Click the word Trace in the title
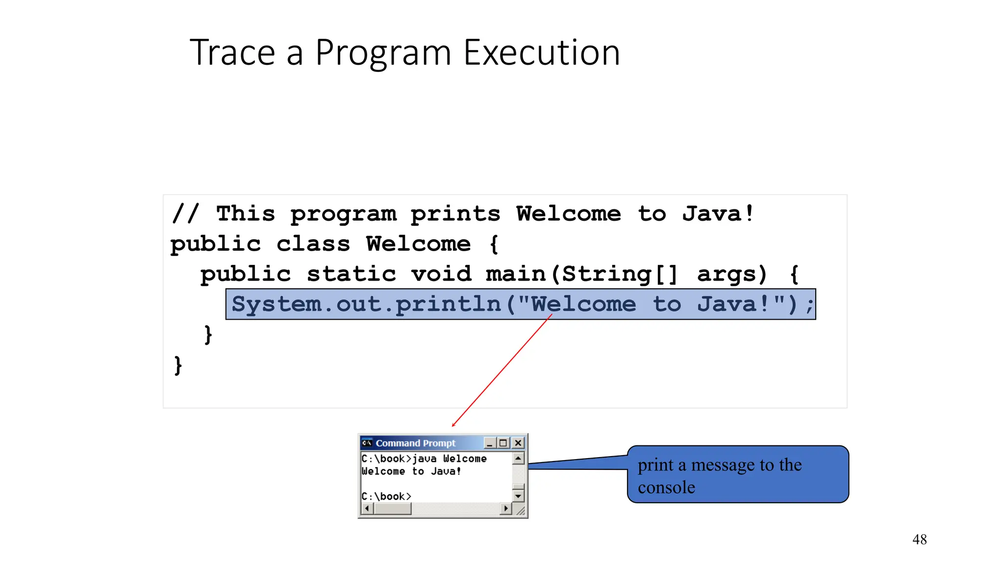pos(232,53)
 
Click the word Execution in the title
pos(542,53)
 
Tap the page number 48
pos(919,539)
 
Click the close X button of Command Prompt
pos(518,443)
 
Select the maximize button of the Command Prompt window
pos(503,443)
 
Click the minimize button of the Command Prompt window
pos(489,443)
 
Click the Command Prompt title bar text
pos(415,443)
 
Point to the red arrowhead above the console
pos(453,424)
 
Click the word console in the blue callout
pos(666,488)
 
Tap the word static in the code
pos(351,274)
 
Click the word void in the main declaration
pos(441,274)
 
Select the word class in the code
pos(313,244)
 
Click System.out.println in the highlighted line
pos(366,305)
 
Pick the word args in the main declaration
pos(731,274)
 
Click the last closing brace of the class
pos(178,365)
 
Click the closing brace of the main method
pos(208,335)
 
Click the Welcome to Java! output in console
pos(411,471)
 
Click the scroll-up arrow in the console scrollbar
pos(518,458)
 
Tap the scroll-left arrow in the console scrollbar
pos(367,509)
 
